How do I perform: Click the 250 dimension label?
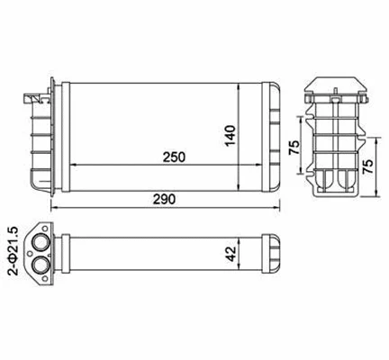coord(175,157)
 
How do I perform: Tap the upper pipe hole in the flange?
coord(41,242)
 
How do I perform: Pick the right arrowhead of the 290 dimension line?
coord(278,208)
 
